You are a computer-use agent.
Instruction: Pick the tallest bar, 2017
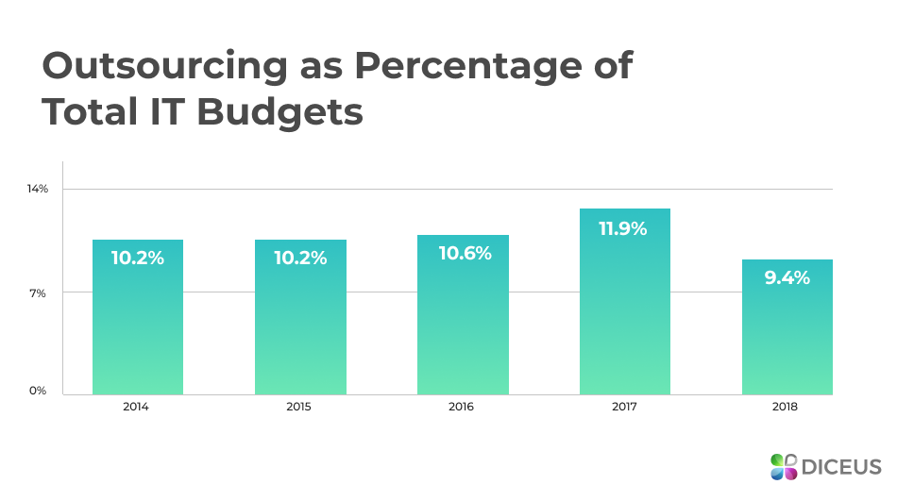point(625,311)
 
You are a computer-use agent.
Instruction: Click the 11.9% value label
point(623,228)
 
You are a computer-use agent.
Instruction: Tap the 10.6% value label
point(465,253)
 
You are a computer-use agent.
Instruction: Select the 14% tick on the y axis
point(37,189)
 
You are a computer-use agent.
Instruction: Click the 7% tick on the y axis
point(37,292)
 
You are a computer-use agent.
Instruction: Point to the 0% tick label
point(37,391)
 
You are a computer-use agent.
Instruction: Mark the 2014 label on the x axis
point(137,408)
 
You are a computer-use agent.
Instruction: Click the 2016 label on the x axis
point(463,408)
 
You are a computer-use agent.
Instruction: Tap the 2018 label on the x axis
point(786,408)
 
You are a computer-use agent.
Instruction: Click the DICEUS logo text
point(840,466)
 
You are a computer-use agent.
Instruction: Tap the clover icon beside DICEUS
point(784,466)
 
